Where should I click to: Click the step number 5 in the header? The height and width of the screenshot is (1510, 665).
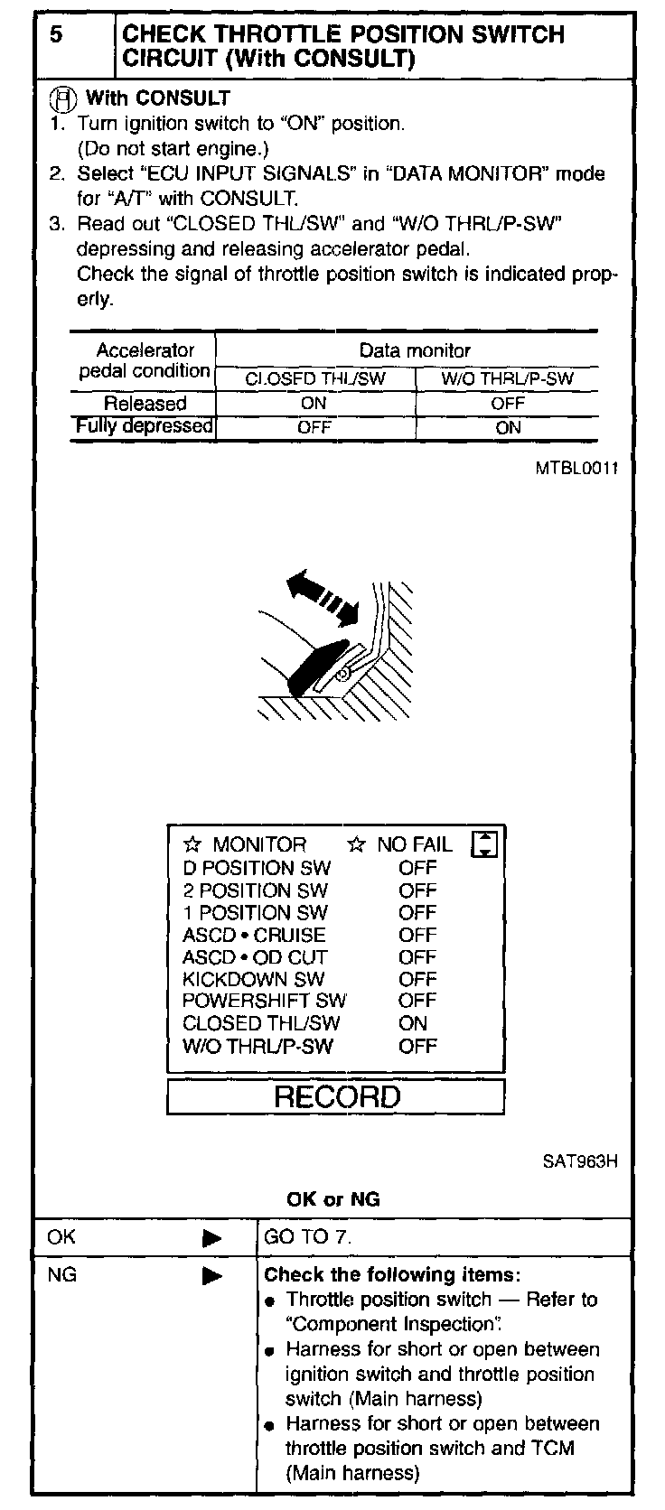point(57,35)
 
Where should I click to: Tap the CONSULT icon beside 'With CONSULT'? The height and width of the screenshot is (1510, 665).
point(64,99)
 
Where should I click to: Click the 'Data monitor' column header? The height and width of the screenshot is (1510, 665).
point(415,350)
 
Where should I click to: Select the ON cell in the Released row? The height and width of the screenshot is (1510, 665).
point(314,404)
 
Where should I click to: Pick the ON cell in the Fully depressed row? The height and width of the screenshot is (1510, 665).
point(508,427)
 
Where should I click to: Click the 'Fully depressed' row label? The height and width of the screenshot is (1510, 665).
point(144,425)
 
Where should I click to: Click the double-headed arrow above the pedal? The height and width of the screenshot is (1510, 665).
point(322,597)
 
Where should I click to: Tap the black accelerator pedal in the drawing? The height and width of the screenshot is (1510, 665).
point(316,666)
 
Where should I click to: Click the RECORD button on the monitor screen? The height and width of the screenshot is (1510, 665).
point(336,1097)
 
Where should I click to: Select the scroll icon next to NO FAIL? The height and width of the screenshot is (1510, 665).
point(485,844)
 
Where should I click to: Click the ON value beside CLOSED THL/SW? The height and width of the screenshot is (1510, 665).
point(413,1023)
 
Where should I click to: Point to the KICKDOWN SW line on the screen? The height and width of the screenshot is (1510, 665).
point(253,979)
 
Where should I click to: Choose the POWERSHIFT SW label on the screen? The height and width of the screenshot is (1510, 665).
point(264,1001)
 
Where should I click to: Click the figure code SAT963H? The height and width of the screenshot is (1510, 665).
point(580,1161)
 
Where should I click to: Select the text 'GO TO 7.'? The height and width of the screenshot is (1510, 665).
point(307,1237)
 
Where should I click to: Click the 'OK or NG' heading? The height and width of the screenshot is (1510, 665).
point(332,1199)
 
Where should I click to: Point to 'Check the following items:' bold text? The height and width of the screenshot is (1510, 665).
point(392,1275)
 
